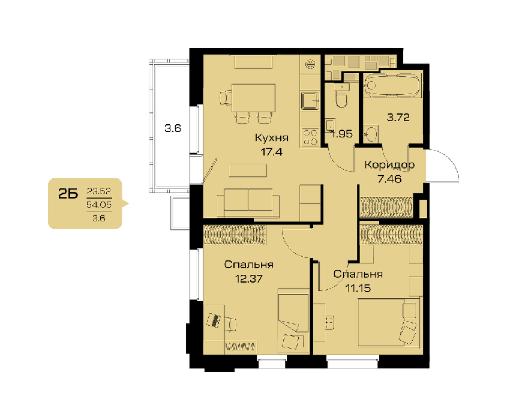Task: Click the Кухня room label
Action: click(272, 138)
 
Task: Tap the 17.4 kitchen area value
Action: click(272, 152)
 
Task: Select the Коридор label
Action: click(389, 165)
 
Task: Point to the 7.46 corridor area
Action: click(389, 179)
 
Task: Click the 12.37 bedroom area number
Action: click(248, 279)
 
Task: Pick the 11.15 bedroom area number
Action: click(358, 288)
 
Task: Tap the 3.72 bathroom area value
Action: click(398, 118)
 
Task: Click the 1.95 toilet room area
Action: click(342, 134)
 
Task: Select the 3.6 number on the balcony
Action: click(173, 128)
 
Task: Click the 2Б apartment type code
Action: click(68, 194)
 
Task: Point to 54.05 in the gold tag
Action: click(99, 205)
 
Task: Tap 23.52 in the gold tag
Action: click(99, 191)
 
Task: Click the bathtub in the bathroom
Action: click(392, 85)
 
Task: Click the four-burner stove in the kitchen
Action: click(310, 137)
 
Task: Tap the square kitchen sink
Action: click(311, 101)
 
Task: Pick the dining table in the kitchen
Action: click(253, 98)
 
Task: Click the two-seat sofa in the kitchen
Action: click(248, 203)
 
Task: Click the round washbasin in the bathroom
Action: click(371, 134)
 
